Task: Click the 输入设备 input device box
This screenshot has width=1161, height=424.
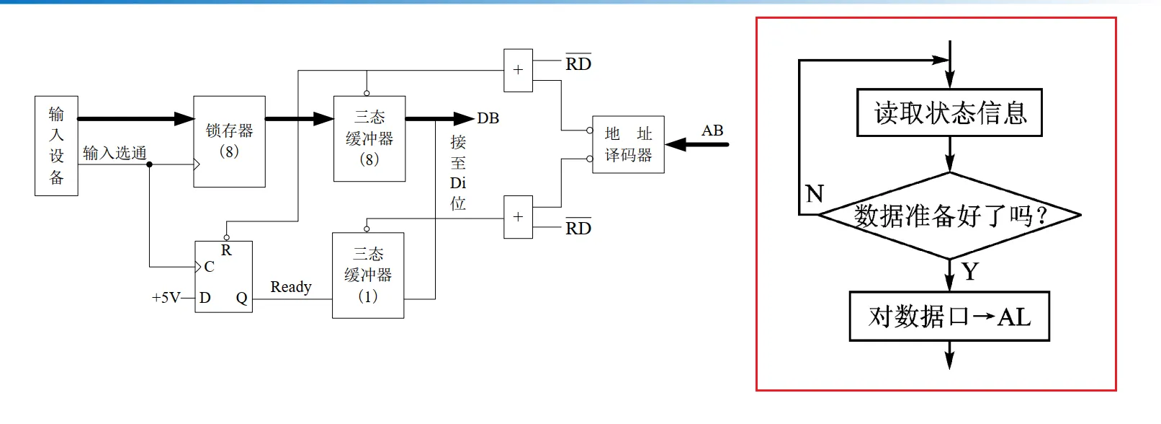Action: click(56, 146)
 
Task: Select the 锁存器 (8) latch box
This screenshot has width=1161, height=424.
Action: click(229, 141)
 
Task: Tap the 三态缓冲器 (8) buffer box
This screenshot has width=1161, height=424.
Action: click(369, 138)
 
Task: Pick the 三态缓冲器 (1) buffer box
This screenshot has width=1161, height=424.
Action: click(368, 275)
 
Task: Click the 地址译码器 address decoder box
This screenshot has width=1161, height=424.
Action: click(628, 144)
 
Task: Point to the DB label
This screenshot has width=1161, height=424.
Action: click(488, 118)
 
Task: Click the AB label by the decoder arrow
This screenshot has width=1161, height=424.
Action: click(712, 131)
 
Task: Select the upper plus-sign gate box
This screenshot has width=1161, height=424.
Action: click(518, 70)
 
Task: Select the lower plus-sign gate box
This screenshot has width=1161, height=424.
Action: click(518, 217)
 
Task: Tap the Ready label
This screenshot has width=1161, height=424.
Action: click(291, 287)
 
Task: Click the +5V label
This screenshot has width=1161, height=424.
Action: click(165, 298)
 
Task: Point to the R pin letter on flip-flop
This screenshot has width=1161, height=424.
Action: click(226, 250)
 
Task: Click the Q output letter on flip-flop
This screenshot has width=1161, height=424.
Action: click(241, 298)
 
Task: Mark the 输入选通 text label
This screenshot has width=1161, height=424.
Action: click(115, 153)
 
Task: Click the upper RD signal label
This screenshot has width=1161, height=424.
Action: click(578, 63)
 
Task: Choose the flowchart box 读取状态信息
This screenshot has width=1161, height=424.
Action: click(949, 112)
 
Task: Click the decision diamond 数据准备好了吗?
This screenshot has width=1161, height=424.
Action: click(949, 215)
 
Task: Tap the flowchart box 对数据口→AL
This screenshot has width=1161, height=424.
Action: click(949, 317)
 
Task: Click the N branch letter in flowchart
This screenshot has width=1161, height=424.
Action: click(815, 193)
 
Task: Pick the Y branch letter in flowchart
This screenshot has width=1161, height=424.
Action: click(970, 272)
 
